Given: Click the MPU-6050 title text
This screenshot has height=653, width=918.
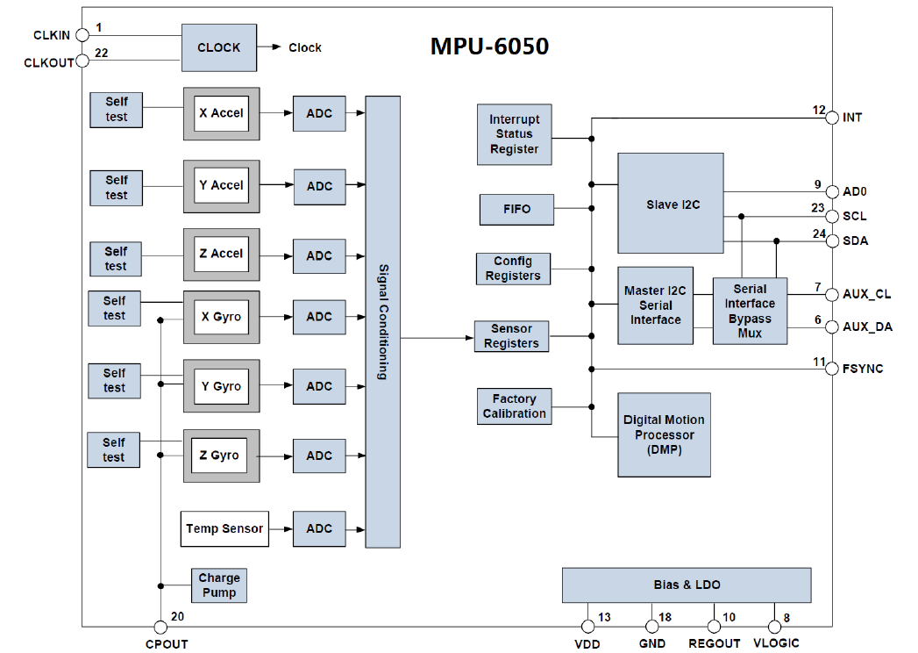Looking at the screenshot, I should (489, 46).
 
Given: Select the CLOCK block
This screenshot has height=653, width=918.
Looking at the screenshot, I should (218, 47).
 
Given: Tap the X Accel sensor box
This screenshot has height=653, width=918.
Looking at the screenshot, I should (221, 113).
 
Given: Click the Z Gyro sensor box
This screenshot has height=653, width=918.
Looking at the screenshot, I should (221, 456).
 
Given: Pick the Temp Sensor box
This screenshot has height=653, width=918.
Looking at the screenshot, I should (224, 528).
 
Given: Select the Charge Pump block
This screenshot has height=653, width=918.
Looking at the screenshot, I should (219, 585).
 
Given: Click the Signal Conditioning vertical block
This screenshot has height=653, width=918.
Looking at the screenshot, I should (382, 322).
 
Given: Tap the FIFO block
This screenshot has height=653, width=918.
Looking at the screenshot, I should (517, 210).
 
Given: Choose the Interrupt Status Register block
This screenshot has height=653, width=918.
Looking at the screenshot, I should (515, 134).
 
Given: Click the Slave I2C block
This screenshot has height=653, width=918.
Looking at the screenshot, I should (671, 204).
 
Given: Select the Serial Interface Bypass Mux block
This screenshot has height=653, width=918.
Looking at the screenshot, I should (750, 312).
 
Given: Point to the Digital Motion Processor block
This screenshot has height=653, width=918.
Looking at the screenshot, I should (664, 434).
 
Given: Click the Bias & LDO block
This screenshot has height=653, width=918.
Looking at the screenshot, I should (687, 585).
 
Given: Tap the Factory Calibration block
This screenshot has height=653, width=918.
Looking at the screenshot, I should (515, 406).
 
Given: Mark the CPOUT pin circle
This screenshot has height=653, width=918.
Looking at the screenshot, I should (160, 627).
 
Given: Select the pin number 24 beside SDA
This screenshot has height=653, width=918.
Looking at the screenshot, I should (818, 233).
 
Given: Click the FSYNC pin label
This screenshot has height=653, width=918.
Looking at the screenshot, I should (863, 369).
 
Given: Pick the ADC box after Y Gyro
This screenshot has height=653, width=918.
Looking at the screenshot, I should (319, 386).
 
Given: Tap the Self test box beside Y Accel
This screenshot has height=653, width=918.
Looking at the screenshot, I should (117, 188).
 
